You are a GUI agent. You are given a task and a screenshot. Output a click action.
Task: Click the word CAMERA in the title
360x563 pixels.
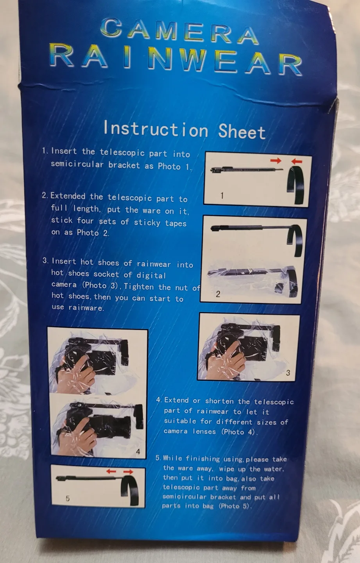click(x=179, y=30)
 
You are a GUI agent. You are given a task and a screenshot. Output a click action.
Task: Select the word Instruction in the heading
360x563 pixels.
click(x=155, y=129)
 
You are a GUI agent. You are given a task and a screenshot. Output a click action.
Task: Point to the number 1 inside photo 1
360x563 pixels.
click(x=222, y=195)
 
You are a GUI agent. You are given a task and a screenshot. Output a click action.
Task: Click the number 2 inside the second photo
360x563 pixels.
click(x=218, y=294)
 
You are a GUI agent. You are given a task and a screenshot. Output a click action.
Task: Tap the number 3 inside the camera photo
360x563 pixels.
click(x=288, y=373)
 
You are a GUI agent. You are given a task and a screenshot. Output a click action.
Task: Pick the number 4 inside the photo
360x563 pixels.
click(x=138, y=452)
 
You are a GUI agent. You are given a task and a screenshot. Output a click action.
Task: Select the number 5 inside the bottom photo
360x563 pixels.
click(x=68, y=498)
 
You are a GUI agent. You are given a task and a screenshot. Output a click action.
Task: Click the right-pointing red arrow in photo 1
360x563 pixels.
click(x=276, y=160)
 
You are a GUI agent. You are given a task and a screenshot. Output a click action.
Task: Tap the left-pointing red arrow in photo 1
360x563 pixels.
click(x=297, y=161)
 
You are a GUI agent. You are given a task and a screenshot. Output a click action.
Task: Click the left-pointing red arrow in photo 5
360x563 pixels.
click(x=111, y=471)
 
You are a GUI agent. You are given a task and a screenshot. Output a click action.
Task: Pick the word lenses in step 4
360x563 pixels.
click(x=204, y=431)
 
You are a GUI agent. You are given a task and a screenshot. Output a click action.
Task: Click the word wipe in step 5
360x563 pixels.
click(x=227, y=468)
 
